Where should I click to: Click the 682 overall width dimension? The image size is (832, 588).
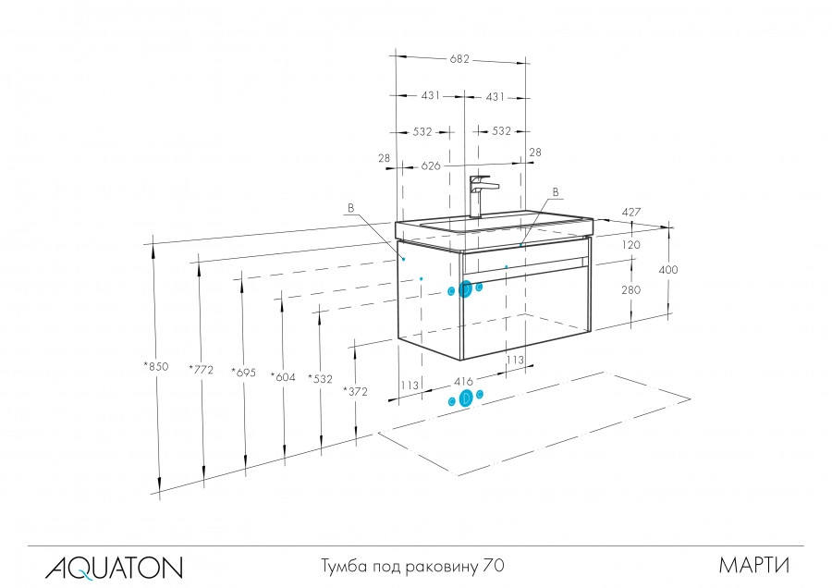click(459, 59)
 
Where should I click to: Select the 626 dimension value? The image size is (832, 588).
click(431, 166)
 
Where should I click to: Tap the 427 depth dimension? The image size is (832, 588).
click(631, 212)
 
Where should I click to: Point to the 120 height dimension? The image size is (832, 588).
click(631, 246)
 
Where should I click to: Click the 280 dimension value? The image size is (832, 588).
click(631, 289)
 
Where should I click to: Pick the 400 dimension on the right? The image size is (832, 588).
click(668, 270)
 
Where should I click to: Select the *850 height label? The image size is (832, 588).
click(156, 367)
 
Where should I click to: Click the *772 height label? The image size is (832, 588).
click(201, 370)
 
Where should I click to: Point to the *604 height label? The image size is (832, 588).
click(282, 376)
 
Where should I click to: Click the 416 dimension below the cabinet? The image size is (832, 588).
click(464, 380)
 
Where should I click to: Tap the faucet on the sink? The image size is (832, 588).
click(480, 194)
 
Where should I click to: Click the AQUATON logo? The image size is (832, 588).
click(114, 565)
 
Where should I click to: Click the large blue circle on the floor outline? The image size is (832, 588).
click(466, 398)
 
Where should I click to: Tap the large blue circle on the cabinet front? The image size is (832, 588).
click(466, 289)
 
